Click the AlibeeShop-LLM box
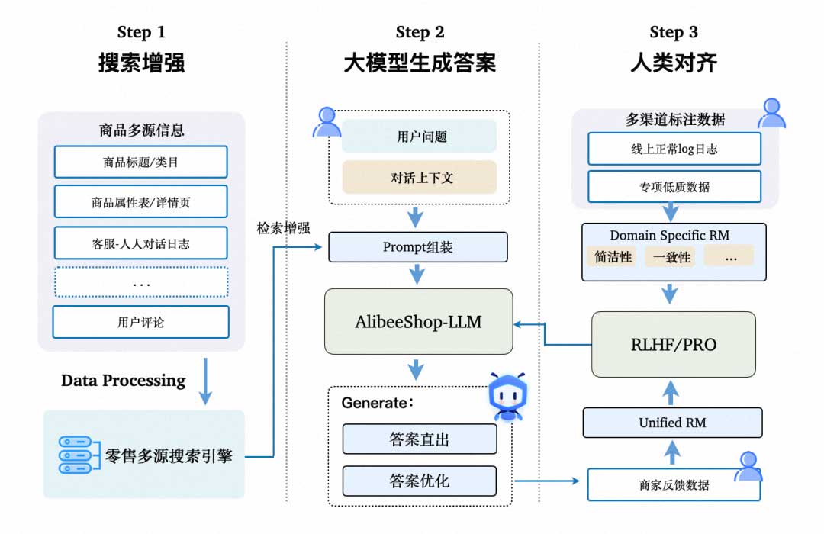point(418,321)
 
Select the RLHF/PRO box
point(673,344)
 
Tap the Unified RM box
point(672,423)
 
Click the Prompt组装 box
point(418,247)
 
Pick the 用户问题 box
point(419,137)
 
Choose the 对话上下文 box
point(419,177)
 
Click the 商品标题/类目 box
point(140,162)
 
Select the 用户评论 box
point(140,322)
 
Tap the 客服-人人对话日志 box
point(140,243)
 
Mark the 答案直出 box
point(419,439)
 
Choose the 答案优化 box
point(419,481)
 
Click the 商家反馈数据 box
point(674,485)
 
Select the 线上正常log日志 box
point(674,149)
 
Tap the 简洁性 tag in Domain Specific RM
point(613,256)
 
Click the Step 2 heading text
point(420,32)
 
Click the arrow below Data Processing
point(204,386)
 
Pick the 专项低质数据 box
point(674,186)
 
